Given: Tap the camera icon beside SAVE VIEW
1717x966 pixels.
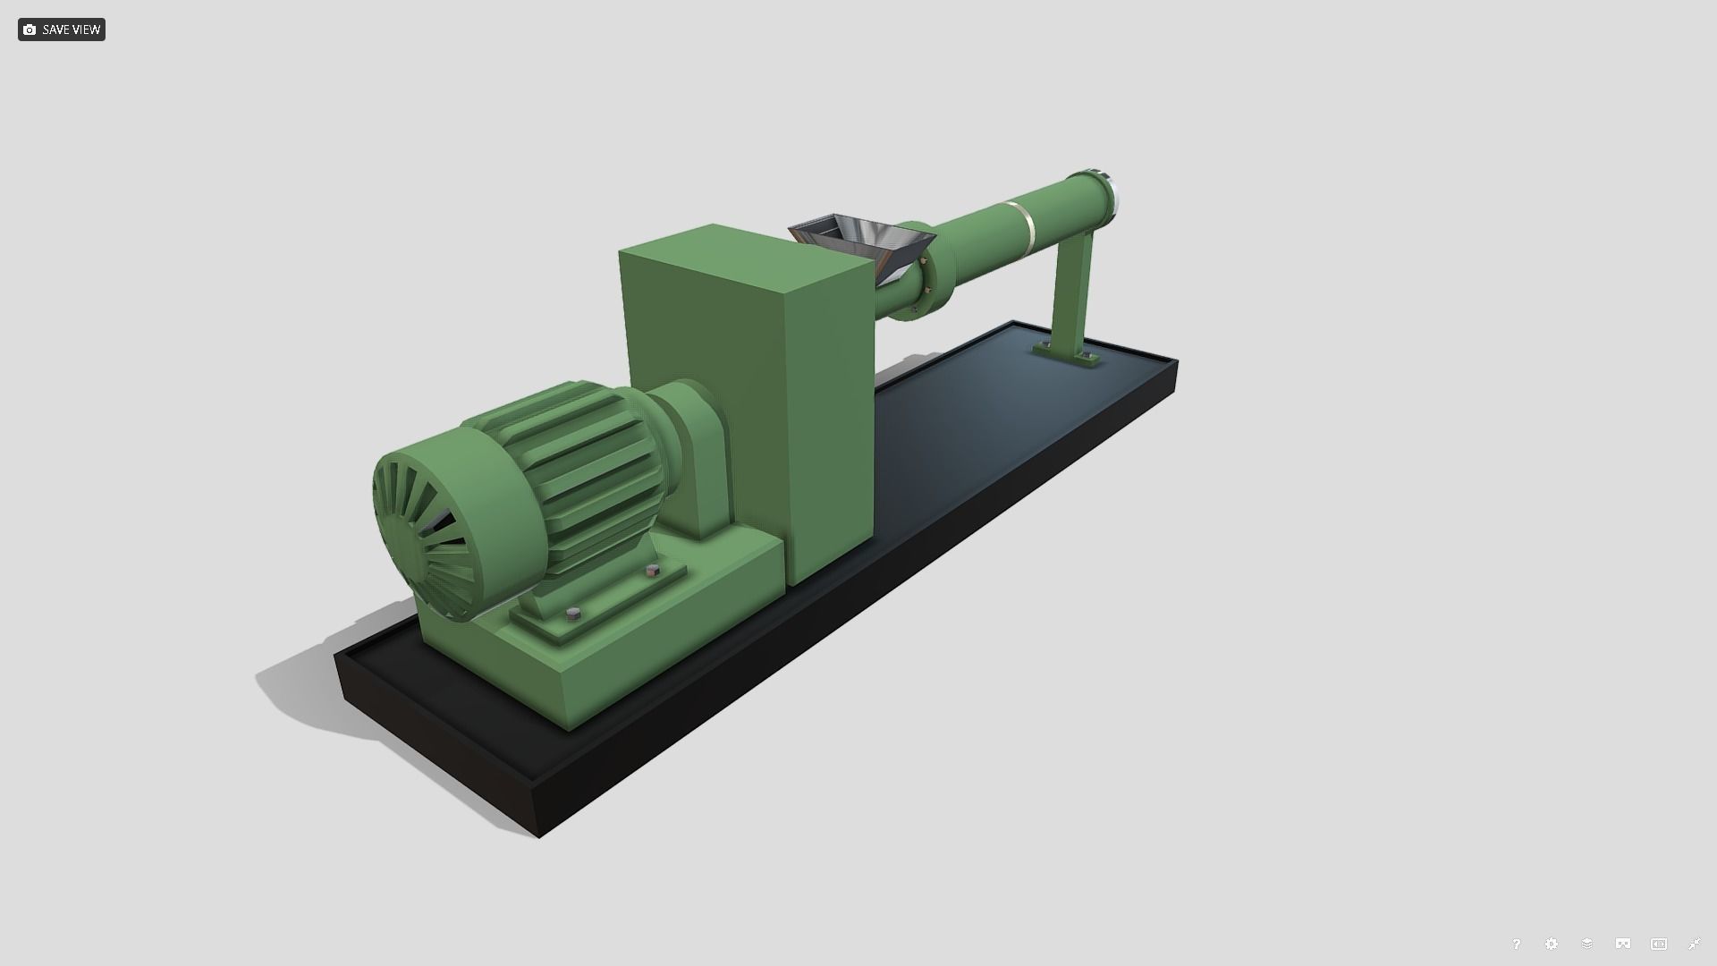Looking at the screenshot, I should (30, 30).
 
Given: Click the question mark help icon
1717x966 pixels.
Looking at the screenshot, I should (1516, 944).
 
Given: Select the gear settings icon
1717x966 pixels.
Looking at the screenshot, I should (1552, 944).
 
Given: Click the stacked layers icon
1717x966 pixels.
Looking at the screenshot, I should (1587, 944).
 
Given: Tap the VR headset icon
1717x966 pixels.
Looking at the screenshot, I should (1623, 944).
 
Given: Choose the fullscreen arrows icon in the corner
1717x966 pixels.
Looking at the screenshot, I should (1694, 944).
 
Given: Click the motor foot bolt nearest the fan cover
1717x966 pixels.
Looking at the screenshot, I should (574, 614).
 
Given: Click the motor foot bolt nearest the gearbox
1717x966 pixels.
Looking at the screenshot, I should (652, 570).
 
